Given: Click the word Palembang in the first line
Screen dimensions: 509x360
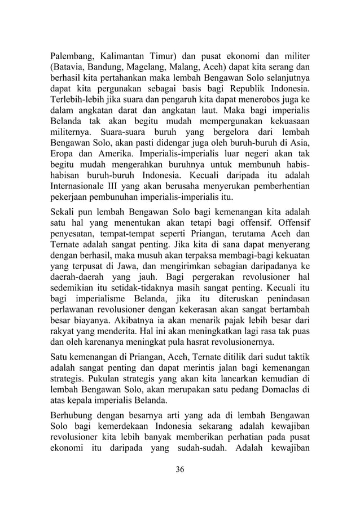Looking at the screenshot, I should tap(71, 56).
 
